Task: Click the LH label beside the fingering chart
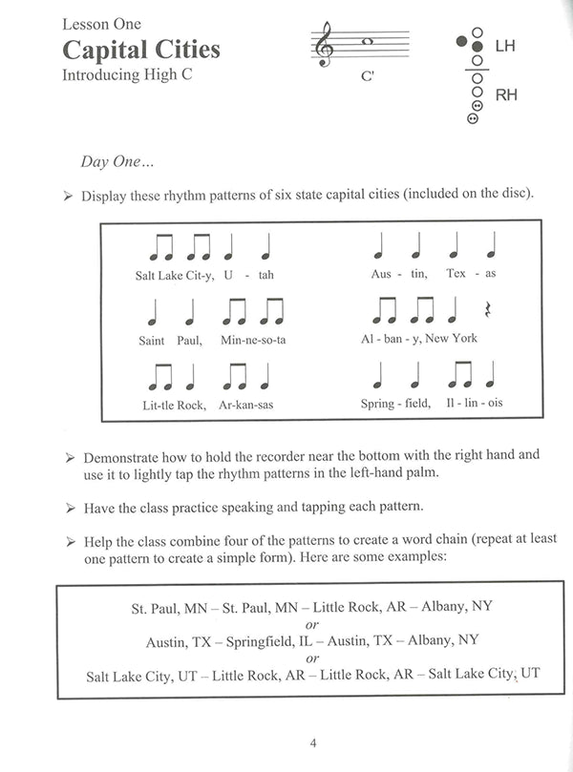coord(505,44)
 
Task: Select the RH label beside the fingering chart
coord(506,94)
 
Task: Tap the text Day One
coord(116,162)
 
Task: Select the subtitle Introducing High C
coord(127,74)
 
